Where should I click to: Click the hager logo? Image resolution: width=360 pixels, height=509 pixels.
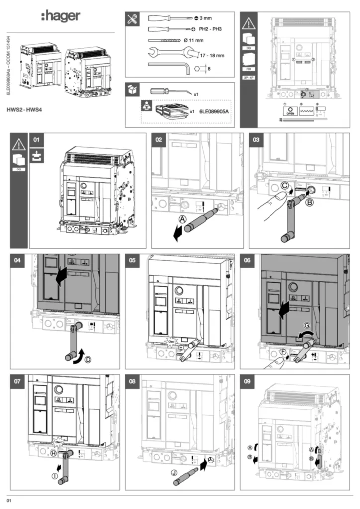(60, 17)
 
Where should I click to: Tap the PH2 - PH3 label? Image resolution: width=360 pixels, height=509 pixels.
(210, 29)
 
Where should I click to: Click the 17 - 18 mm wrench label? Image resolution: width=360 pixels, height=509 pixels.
(213, 55)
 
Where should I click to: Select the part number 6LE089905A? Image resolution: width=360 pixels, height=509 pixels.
(217, 112)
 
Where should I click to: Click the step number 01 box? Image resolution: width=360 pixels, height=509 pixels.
(37, 140)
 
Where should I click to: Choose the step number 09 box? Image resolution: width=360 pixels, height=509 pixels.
(247, 382)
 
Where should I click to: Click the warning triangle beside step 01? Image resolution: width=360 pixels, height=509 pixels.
(19, 145)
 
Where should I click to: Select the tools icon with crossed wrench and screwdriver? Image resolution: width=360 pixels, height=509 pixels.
(134, 19)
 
